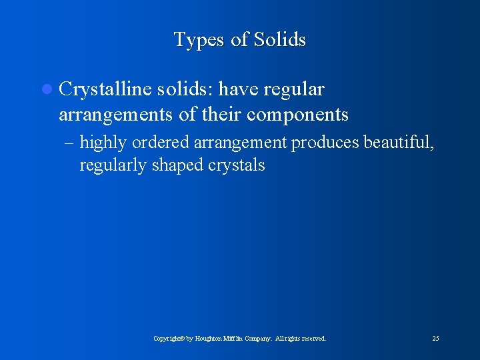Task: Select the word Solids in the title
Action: tap(278, 40)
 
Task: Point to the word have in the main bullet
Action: tap(240, 89)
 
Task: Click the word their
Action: tap(221, 115)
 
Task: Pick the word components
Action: tap(297, 115)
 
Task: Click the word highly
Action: tap(103, 143)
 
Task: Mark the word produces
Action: tap(322, 143)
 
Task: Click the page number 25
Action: tap(435, 339)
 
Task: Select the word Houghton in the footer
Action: tap(211, 339)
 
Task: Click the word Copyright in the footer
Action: tap(167, 339)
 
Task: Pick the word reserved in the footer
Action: tap(313, 339)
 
